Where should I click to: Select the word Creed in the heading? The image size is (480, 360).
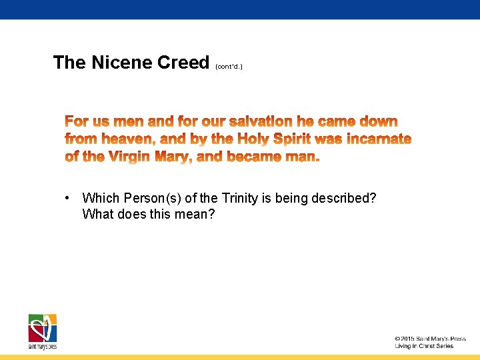pos(183,63)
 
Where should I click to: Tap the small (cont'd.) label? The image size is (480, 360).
pos(229,67)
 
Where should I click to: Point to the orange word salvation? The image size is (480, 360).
pos(261,121)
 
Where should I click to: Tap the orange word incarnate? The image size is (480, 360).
pos(379,139)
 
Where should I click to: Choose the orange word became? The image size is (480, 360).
pos(257,157)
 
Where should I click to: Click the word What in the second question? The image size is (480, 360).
pos(97,214)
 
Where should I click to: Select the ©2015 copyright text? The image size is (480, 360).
pos(429,339)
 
